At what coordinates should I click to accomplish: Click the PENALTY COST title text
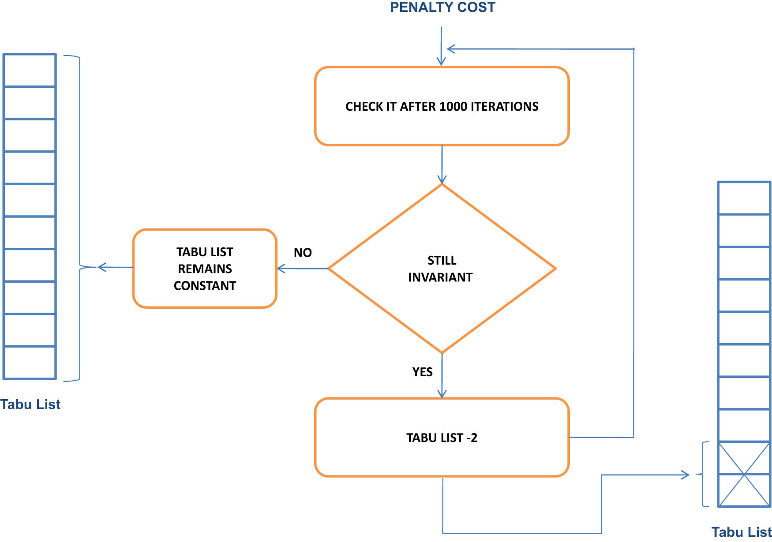click(442, 7)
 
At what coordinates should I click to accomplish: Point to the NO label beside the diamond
click(303, 253)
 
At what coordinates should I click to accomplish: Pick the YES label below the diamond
click(422, 372)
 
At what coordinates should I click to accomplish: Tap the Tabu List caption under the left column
click(30, 404)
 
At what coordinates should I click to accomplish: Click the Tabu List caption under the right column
click(741, 532)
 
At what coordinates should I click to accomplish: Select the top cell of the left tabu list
click(30, 71)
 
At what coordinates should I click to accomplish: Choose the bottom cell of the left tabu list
click(30, 363)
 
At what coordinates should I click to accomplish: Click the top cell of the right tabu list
click(744, 198)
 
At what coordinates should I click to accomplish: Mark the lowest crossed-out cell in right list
click(744, 490)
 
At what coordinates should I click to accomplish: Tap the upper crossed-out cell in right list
click(744, 458)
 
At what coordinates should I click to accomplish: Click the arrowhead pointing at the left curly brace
click(101, 267)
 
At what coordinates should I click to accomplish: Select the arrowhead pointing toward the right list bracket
click(685, 475)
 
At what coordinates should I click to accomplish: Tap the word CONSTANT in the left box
click(205, 286)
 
